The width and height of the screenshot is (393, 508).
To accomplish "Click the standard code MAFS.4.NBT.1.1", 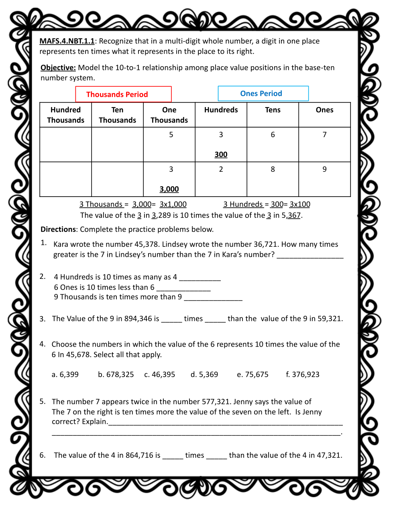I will tap(67, 41).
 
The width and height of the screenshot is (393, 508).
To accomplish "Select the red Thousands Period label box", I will tap(123, 94).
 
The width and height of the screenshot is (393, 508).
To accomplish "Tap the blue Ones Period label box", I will tap(263, 93).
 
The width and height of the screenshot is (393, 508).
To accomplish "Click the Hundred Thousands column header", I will tap(65, 115).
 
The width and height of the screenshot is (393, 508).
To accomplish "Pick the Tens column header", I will tap(273, 110).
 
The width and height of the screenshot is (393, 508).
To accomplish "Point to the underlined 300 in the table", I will tap(221, 154).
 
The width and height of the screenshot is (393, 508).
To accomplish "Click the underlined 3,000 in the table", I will tap(169, 189).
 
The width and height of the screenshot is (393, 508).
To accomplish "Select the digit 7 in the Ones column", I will tap(324, 135).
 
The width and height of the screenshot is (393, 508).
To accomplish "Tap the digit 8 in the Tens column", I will tap(273, 169).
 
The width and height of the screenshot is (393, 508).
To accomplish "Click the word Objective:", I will tap(58, 67).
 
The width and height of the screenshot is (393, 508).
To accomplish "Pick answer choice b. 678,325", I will tap(116, 374).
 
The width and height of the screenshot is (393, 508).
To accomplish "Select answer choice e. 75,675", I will tap(252, 374).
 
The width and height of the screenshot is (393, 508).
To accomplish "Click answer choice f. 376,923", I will tap(302, 374).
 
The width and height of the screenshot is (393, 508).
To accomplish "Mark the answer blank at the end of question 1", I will tap(310, 256).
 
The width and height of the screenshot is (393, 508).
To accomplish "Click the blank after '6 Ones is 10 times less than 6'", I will tap(183, 288).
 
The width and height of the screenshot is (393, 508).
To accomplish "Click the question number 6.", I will tap(42, 455).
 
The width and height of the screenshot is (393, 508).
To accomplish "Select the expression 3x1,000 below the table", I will tap(173, 204).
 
